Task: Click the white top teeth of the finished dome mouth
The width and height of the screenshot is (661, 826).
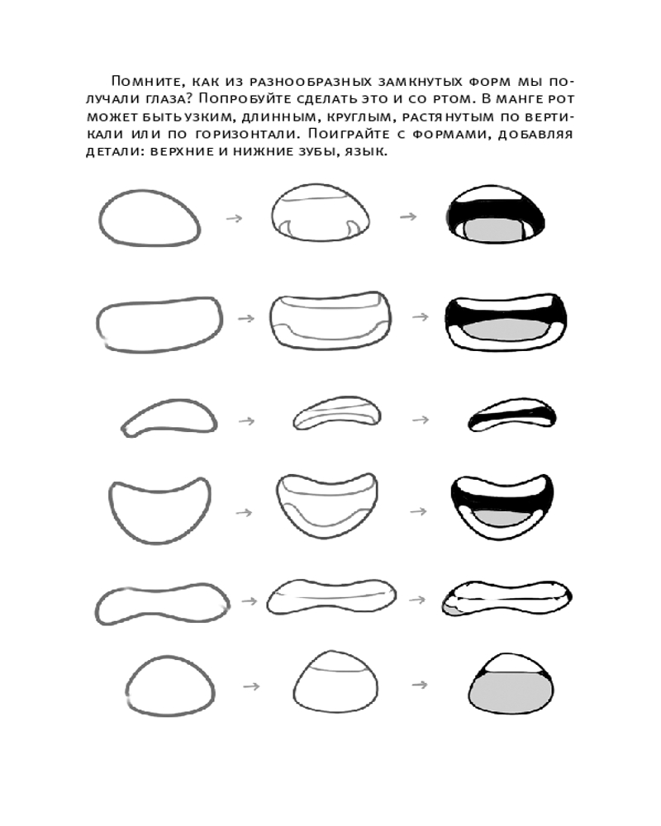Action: coord(510,660)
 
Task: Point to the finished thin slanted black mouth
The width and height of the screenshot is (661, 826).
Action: coord(511,416)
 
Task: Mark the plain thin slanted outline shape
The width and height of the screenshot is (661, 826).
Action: coord(169,417)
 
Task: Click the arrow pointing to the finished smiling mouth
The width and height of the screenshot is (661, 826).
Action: coord(419,512)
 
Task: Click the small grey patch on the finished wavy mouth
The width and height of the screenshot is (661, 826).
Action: coord(452,610)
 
